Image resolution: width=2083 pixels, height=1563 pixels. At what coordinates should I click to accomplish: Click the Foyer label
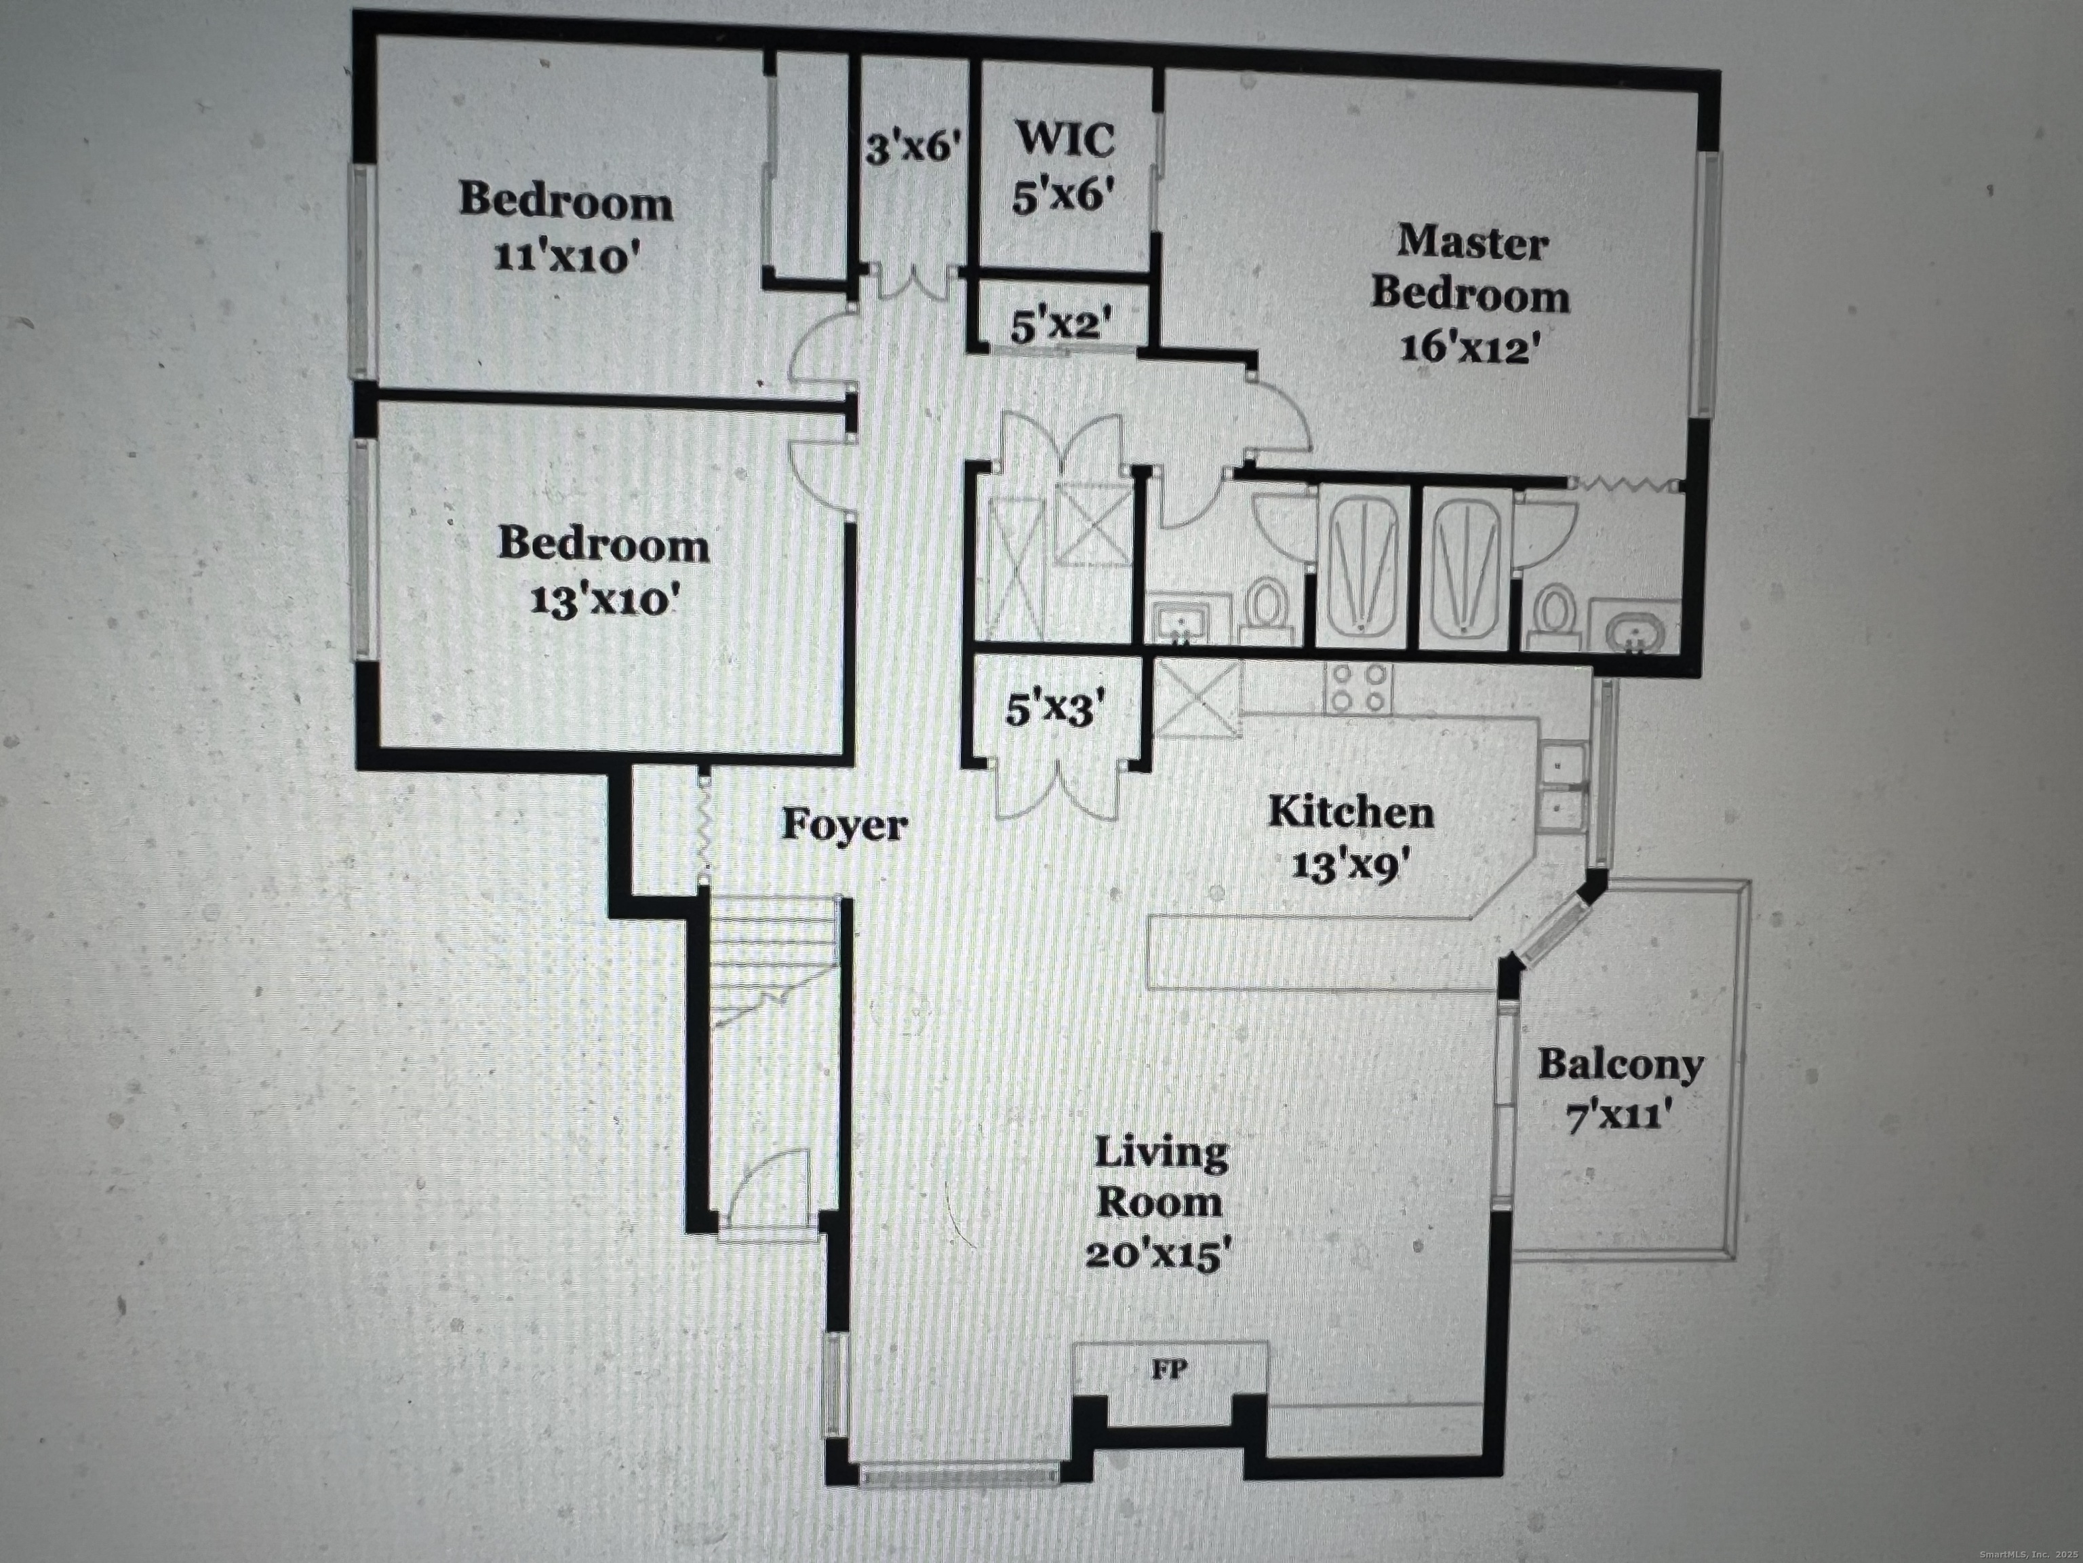click(x=844, y=826)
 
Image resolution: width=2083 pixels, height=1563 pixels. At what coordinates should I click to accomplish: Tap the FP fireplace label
click(x=1168, y=1370)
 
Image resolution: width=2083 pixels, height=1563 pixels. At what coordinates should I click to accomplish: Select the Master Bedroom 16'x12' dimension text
click(x=1469, y=349)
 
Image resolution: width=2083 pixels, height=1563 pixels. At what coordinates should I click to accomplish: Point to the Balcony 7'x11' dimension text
click(x=1619, y=1117)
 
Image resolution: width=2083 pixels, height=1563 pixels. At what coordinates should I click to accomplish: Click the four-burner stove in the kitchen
click(x=1359, y=688)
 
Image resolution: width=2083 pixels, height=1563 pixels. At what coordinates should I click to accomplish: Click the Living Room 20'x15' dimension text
click(x=1158, y=1255)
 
